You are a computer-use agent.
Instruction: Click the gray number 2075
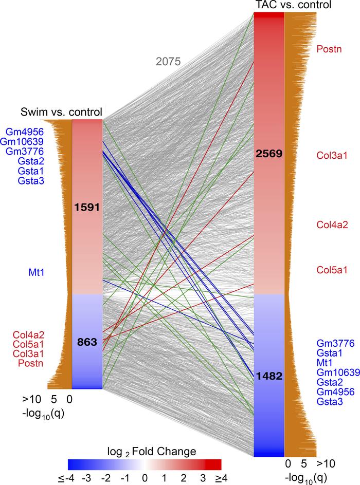[x=168, y=62]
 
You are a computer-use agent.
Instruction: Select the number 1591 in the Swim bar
[x=87, y=207]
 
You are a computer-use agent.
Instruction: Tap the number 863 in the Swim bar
[x=87, y=343]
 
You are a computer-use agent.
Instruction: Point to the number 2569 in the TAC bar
[x=269, y=154]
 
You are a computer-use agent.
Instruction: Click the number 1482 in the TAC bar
[x=269, y=376]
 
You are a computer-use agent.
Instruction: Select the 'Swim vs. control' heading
[x=61, y=111]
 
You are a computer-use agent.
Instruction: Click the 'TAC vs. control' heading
[x=293, y=5]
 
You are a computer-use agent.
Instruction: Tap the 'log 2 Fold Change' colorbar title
[x=144, y=452]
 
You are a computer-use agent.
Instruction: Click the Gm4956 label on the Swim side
[x=24, y=132]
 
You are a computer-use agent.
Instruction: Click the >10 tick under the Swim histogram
[x=31, y=398]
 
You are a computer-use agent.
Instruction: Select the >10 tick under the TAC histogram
[x=324, y=464]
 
